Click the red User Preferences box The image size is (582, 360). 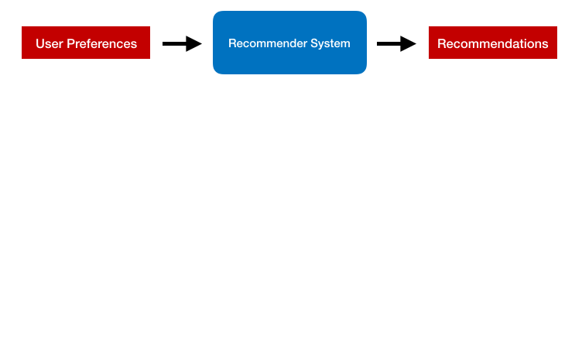(x=86, y=43)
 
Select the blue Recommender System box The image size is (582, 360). (x=289, y=43)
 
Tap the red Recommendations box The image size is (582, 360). (x=493, y=43)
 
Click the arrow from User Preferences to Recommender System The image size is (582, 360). (x=182, y=44)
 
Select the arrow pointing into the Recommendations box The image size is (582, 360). (x=396, y=44)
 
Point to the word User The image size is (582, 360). (x=50, y=44)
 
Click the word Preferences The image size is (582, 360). (x=102, y=44)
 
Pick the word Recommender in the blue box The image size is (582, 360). (x=268, y=43)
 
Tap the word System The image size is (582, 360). (x=330, y=44)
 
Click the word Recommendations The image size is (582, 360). (x=493, y=44)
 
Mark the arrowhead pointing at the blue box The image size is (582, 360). (x=193, y=44)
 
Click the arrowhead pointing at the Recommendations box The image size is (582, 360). (x=409, y=44)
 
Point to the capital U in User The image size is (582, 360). (x=40, y=44)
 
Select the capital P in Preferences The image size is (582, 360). (x=71, y=44)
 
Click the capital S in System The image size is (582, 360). (x=315, y=43)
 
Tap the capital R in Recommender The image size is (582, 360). (x=233, y=43)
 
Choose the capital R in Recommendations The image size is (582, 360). (x=442, y=44)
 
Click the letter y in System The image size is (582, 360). (x=323, y=45)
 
